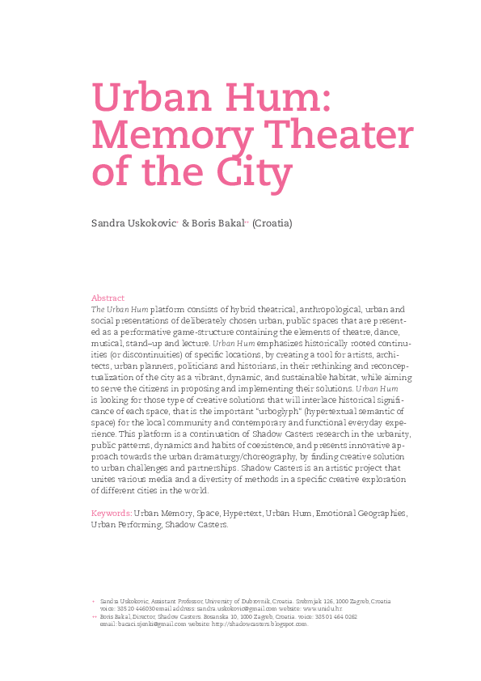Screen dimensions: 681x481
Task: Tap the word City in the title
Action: click(253, 173)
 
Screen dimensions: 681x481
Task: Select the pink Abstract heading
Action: click(108, 298)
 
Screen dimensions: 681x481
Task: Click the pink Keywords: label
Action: click(112, 513)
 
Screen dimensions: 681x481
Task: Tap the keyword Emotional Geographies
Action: click(361, 513)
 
